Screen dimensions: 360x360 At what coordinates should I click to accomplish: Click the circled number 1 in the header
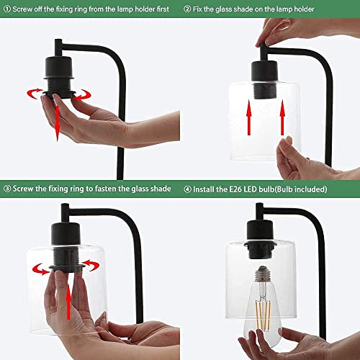(7, 9)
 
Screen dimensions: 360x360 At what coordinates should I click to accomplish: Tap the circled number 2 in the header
(187, 9)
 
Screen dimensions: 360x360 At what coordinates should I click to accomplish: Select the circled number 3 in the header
(7, 189)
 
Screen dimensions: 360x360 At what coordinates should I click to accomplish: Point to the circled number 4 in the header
(187, 189)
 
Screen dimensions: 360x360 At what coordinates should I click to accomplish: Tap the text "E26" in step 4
(235, 189)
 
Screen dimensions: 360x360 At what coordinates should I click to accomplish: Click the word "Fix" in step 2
(197, 9)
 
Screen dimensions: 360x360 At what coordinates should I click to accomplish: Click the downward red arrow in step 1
(57, 123)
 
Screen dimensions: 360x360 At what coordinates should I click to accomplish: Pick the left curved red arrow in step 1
(35, 94)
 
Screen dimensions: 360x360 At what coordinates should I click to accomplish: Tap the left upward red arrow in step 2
(249, 117)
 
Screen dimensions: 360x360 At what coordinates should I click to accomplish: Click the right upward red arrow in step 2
(282, 117)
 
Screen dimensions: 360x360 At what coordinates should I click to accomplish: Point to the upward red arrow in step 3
(68, 302)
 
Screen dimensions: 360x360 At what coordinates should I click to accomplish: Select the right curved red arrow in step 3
(91, 265)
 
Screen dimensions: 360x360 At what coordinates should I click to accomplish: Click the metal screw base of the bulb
(263, 274)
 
